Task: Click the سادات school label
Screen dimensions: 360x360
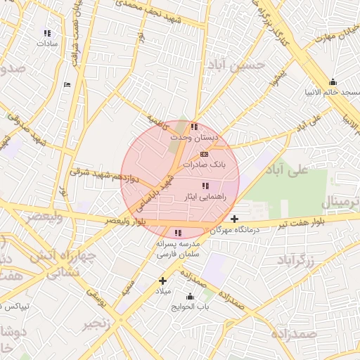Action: [47, 43]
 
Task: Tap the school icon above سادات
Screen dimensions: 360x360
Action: [47, 32]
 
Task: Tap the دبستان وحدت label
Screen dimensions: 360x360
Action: [194, 139]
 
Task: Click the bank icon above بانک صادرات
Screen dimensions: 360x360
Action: [204, 153]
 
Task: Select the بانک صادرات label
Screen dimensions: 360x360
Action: [202, 165]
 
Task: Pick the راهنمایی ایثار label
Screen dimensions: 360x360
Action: [204, 198]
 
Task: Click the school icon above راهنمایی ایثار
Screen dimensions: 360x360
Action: [205, 186]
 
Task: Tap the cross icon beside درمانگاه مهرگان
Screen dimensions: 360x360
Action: [234, 219]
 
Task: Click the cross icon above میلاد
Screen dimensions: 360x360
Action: [162, 281]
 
